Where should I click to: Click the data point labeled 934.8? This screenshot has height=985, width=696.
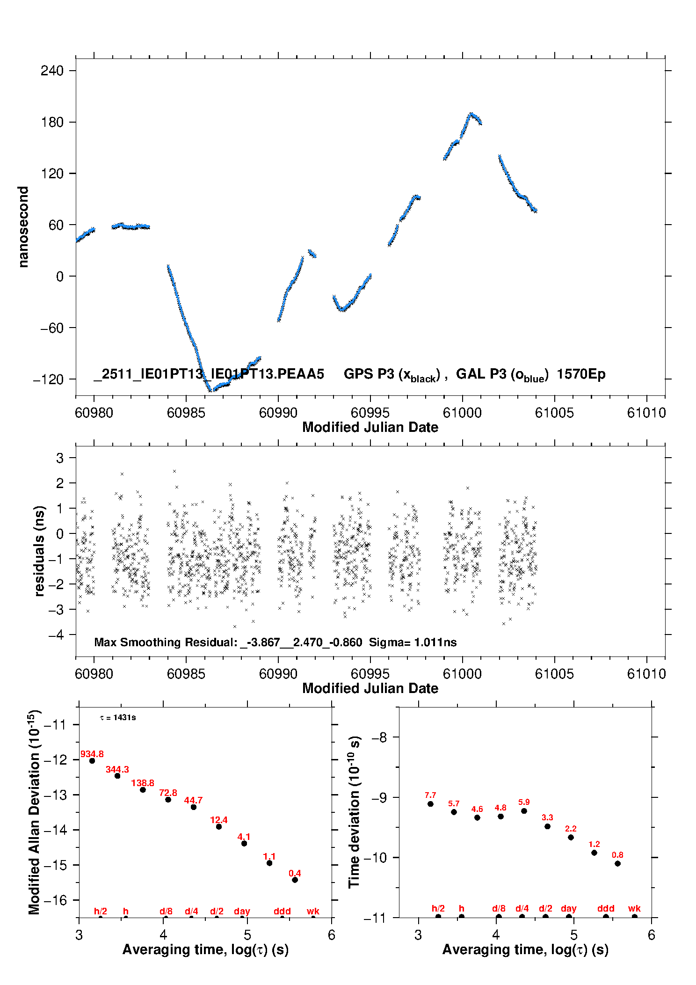92,761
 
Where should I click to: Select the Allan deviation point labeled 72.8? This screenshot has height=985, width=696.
168,800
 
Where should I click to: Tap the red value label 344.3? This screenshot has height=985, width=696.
117,769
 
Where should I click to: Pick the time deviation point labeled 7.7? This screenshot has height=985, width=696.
430,804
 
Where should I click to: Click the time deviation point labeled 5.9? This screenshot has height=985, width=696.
524,811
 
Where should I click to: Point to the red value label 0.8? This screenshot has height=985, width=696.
617,855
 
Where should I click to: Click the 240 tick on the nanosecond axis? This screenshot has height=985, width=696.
51,71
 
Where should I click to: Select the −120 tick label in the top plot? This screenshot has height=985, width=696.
48,379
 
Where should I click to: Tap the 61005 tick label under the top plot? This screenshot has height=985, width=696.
554,413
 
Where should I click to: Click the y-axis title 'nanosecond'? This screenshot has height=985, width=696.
23,227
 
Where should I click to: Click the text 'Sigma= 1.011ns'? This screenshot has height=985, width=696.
413,642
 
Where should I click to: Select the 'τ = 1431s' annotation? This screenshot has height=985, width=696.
118,718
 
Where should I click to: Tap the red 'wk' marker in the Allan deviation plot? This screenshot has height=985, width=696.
313,911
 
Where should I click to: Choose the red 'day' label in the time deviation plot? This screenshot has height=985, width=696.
568,908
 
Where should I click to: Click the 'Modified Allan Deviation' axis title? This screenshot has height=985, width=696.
34,812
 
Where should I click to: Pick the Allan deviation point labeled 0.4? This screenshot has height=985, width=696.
295,880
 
